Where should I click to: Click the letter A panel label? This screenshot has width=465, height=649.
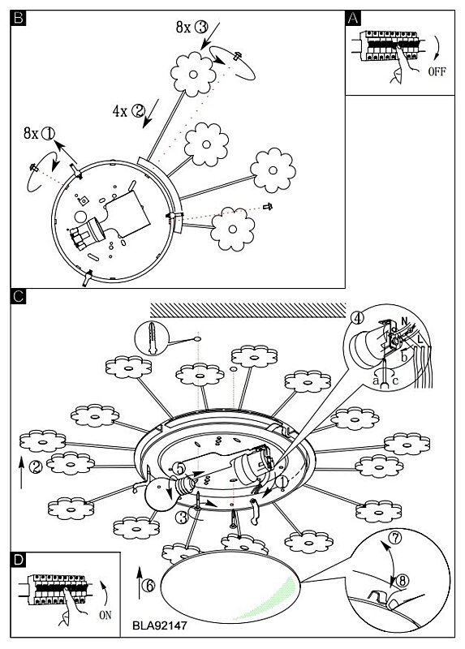click(353, 18)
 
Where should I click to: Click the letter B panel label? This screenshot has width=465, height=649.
click(19, 18)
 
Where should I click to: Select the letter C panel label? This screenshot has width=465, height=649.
click(19, 296)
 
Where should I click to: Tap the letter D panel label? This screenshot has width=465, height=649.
click(19, 560)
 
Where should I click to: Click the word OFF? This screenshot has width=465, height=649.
click(437, 71)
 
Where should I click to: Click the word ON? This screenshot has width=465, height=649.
click(105, 615)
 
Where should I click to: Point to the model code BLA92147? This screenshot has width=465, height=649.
click(159, 625)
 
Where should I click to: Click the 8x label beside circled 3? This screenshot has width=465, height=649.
click(183, 28)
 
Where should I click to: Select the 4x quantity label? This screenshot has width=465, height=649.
click(119, 111)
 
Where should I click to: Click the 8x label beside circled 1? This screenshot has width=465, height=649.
click(31, 133)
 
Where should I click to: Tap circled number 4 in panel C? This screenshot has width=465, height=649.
click(357, 318)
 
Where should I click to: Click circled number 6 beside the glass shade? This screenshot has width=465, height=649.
click(149, 586)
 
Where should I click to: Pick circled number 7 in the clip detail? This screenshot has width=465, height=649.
click(396, 538)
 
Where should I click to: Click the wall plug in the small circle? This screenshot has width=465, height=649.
click(153, 337)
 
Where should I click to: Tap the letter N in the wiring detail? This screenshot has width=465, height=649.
click(405, 321)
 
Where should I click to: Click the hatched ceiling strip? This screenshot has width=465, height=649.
click(248, 310)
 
